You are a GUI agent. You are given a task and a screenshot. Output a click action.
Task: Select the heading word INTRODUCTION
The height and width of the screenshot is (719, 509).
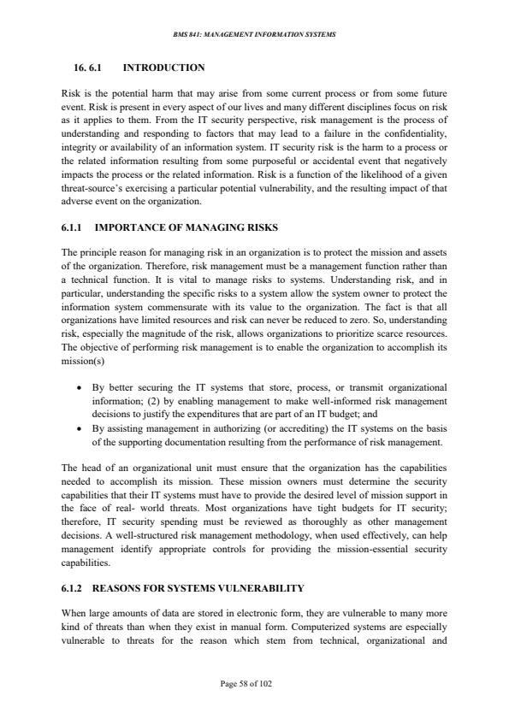point(163,67)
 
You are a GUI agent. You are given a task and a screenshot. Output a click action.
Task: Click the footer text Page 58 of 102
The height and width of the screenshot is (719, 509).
point(254,684)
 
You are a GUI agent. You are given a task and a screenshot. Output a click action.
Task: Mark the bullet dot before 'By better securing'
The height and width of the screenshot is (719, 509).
point(80,387)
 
